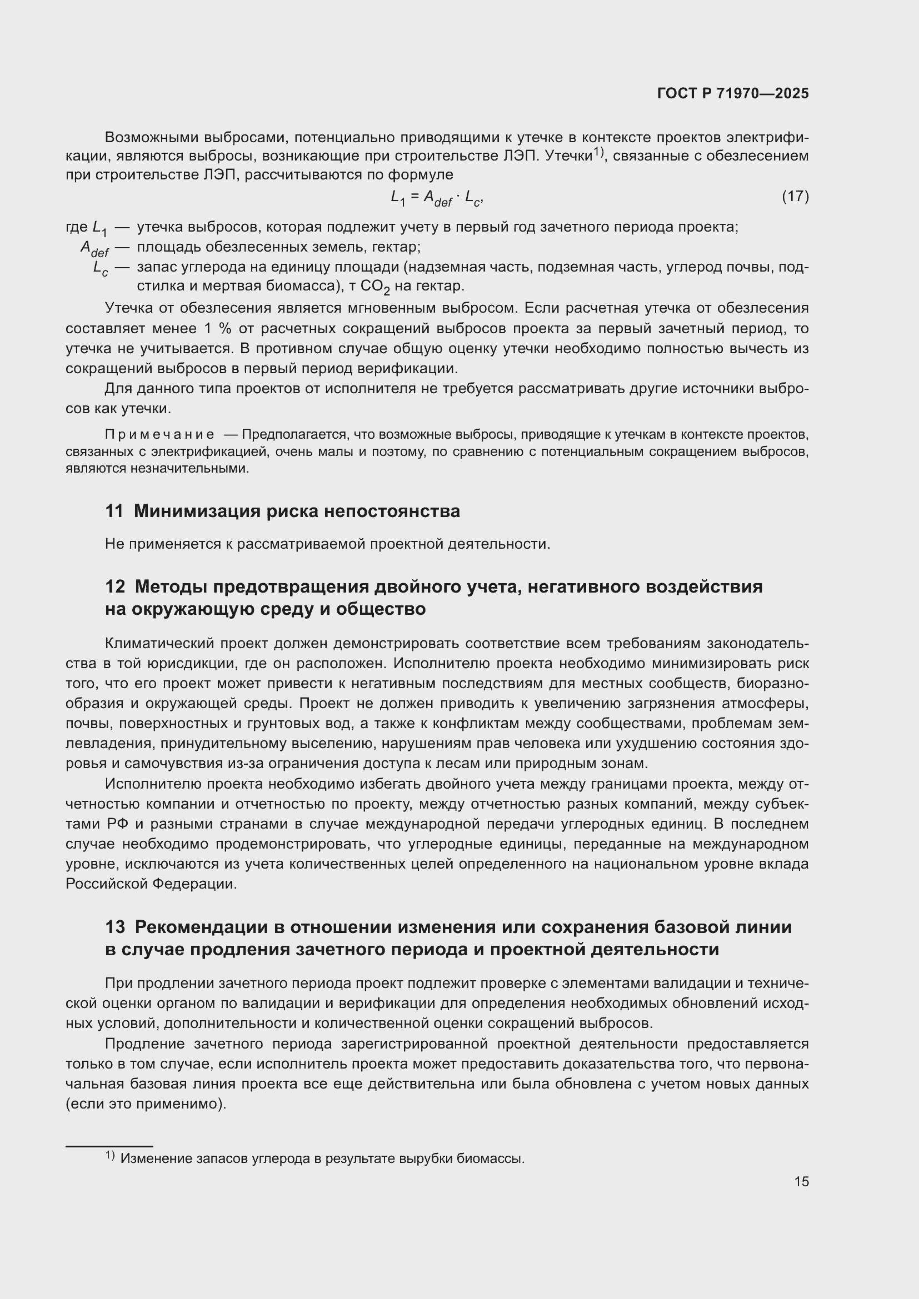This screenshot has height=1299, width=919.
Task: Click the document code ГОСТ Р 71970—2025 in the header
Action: (733, 93)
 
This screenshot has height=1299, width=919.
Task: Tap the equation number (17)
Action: (795, 196)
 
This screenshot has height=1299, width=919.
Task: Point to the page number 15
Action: (801, 1181)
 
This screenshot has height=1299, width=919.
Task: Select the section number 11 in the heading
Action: (114, 511)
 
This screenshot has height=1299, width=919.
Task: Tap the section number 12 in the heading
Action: (115, 586)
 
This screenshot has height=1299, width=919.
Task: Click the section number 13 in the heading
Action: (115, 927)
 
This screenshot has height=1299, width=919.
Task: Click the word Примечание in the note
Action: (159, 434)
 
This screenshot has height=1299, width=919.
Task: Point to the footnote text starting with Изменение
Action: (323, 1158)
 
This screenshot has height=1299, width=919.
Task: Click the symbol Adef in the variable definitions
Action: (94, 248)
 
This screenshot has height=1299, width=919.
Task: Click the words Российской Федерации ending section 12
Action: (151, 884)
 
